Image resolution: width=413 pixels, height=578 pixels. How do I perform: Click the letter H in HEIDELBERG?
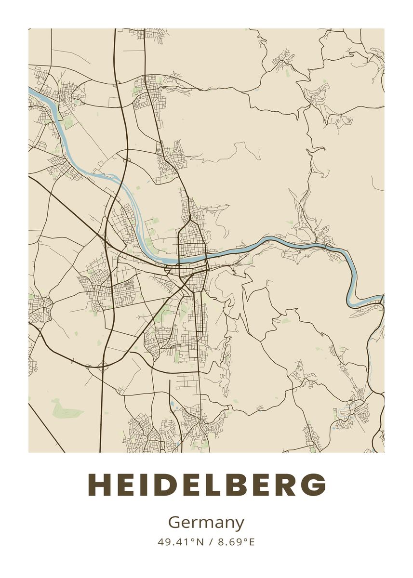click(100, 485)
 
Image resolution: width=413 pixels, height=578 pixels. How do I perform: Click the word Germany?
click(206, 523)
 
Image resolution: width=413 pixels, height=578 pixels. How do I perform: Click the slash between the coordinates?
click(211, 542)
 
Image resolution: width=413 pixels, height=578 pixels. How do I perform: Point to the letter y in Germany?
click(239, 525)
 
